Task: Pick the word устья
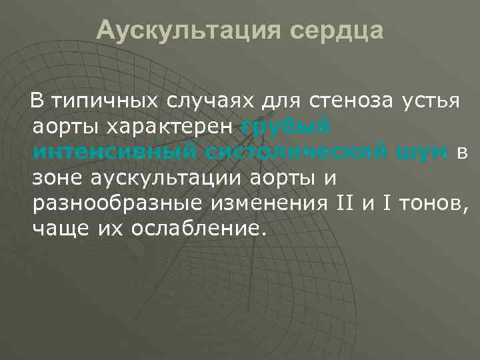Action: [431, 102]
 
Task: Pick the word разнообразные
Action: [113, 204]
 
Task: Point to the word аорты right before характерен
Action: [66, 127]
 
